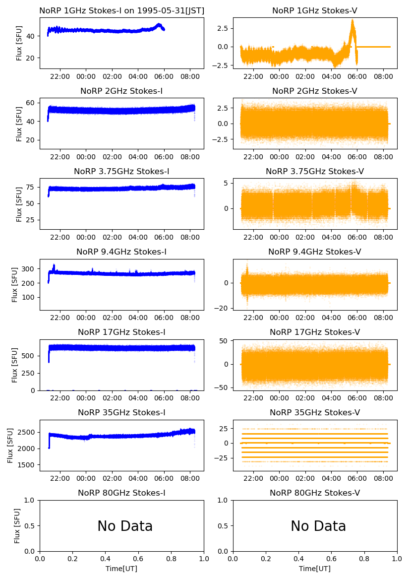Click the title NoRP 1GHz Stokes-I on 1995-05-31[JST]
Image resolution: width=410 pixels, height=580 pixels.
(x=121, y=10)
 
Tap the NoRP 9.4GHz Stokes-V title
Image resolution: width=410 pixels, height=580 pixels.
(x=315, y=252)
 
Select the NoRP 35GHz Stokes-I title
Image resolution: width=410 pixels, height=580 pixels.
(x=121, y=413)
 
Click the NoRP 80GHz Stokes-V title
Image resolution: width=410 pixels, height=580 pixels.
(x=315, y=493)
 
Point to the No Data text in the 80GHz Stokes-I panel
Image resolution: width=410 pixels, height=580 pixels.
(x=125, y=526)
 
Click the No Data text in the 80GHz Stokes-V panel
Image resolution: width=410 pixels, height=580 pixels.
(x=318, y=526)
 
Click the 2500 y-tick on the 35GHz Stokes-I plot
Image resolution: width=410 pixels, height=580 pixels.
(x=29, y=432)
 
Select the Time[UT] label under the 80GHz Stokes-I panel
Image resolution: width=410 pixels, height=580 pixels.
(x=121, y=569)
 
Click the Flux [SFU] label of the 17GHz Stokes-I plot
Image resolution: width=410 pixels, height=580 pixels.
(x=15, y=365)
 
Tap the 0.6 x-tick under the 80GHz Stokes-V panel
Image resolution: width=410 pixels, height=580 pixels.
(x=332, y=559)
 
